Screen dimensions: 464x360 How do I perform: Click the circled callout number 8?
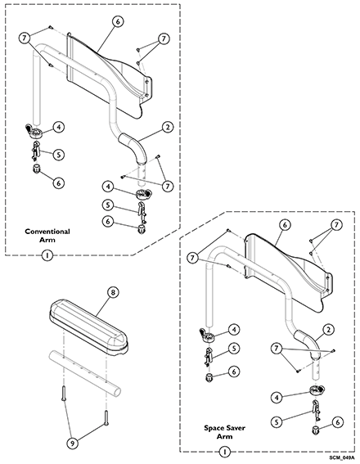click(113, 291)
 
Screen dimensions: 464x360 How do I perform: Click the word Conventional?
click(46, 232)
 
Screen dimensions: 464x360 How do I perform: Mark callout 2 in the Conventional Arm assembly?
click(166, 128)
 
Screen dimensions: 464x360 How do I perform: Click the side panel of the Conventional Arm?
click(106, 74)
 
